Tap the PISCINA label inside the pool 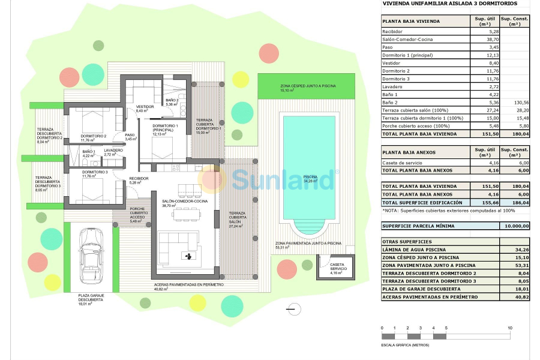(310, 177)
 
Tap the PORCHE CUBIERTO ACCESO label (138, 214)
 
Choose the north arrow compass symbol (293, 308)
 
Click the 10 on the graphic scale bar (509, 328)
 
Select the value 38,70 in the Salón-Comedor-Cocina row (476, 39)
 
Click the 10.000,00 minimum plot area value (515, 226)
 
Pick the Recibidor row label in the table (392, 31)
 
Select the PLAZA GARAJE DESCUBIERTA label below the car (91, 298)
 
